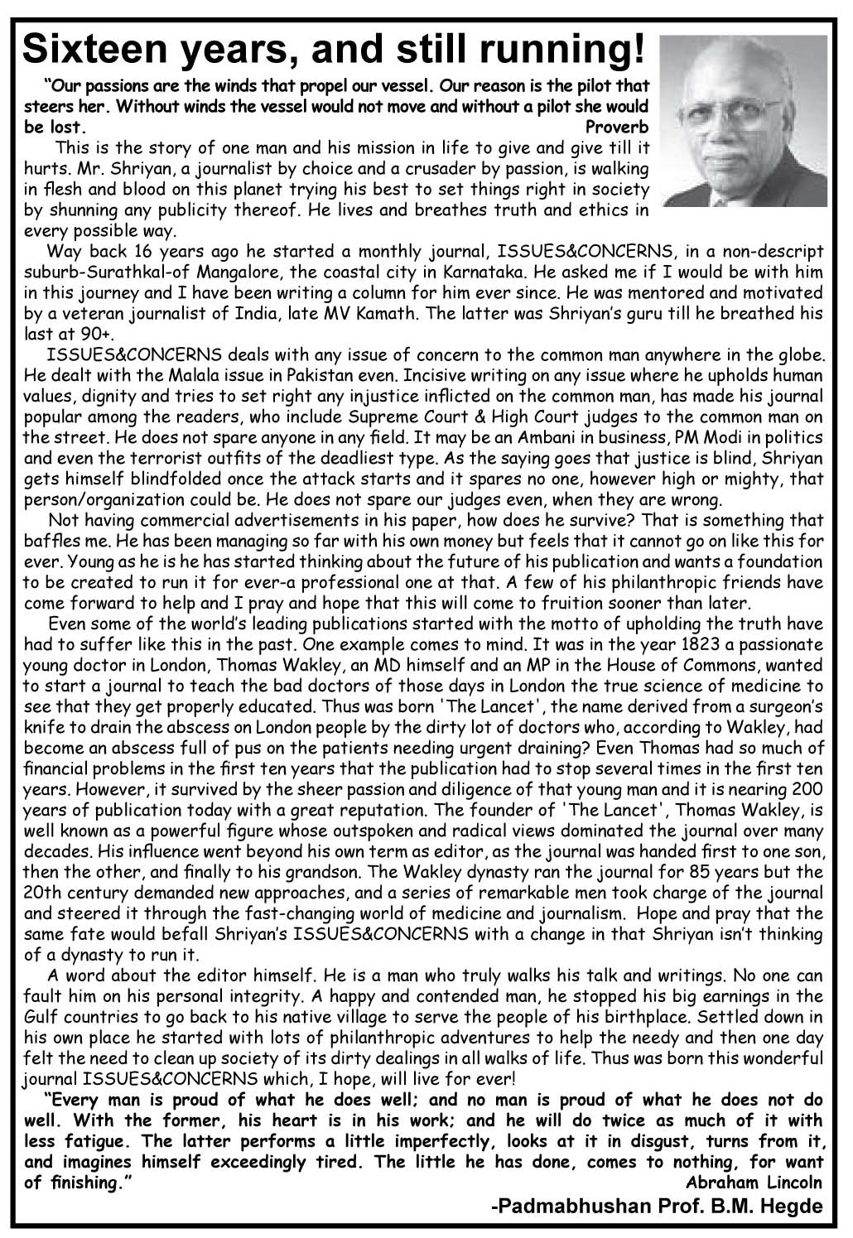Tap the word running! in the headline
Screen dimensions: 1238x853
pos(563,51)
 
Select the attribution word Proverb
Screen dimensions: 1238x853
pos(617,128)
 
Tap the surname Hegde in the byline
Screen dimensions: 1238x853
pos(792,1207)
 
